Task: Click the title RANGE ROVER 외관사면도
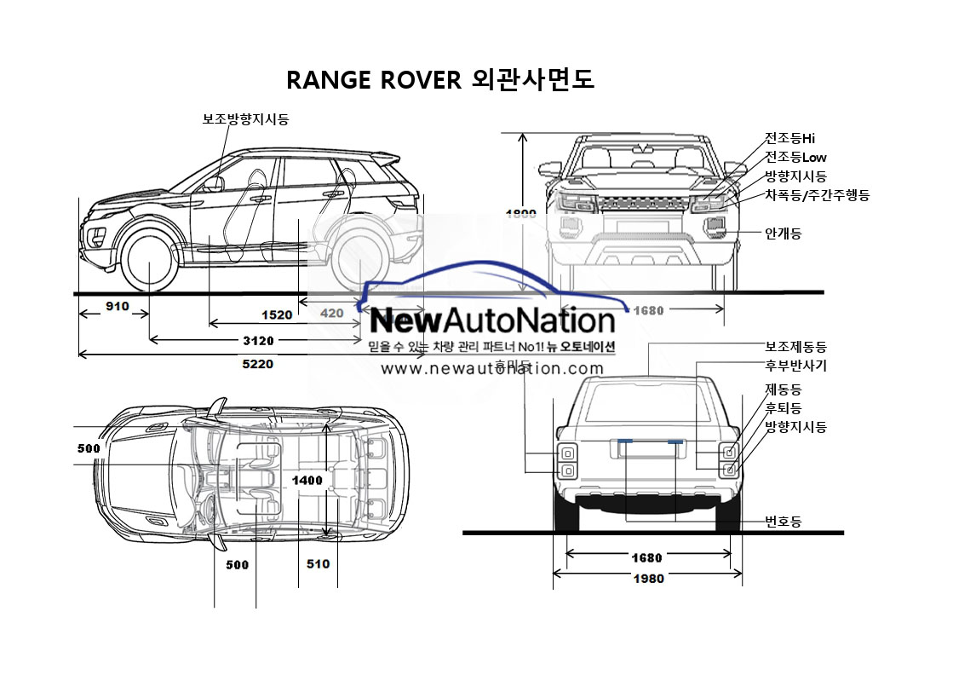coord(439,79)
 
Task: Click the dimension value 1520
coord(277,314)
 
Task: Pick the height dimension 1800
coord(521,214)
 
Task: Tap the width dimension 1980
coord(647,579)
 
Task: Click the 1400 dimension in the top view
coord(307,481)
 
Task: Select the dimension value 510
coord(317,563)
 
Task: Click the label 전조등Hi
coord(790,138)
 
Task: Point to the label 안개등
coord(783,233)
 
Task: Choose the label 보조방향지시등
coord(245,119)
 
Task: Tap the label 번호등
coord(783,522)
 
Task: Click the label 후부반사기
coord(795,366)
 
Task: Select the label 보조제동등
coord(795,347)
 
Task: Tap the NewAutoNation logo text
coord(493,321)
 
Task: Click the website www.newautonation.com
coord(491,369)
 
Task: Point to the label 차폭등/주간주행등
coord(817,196)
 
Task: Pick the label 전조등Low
coord(795,157)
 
